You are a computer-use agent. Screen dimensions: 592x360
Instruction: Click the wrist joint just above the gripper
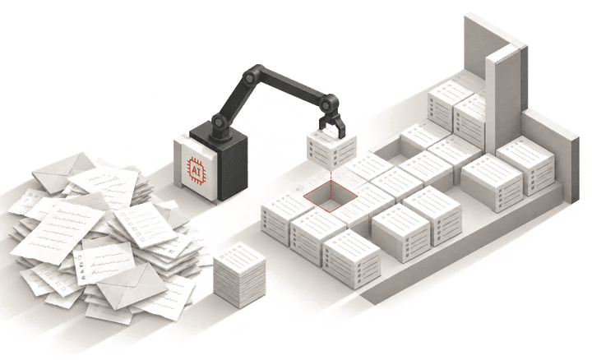coord(329,102)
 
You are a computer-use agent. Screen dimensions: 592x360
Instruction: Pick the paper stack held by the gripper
coord(331,147)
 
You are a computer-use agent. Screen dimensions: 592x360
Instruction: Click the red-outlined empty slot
coord(331,196)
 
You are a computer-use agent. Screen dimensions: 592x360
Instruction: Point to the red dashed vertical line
coord(331,184)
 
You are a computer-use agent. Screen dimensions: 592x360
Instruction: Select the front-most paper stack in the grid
coord(352,258)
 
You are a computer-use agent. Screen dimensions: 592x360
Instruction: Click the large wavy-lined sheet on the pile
coord(58,231)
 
